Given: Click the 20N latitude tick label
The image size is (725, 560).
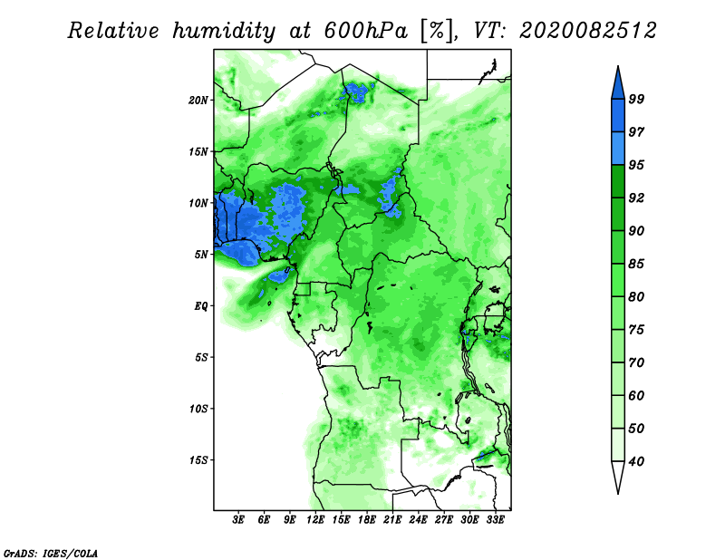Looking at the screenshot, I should [198, 100].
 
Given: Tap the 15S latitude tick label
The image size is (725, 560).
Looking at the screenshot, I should [198, 459].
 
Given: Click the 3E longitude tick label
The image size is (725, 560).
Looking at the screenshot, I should [239, 521].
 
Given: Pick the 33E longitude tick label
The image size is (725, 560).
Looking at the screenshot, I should [496, 521].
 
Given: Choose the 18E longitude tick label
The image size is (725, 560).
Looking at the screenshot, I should [367, 521].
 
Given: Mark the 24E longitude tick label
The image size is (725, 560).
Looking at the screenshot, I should [418, 521].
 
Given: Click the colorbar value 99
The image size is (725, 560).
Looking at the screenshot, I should [662, 99].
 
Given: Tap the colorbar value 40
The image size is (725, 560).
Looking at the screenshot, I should [662, 461].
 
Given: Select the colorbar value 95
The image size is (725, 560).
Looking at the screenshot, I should [662, 165].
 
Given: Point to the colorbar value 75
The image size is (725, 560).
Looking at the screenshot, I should [662, 330].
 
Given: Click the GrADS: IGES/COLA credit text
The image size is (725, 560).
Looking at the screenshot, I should [50, 551].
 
